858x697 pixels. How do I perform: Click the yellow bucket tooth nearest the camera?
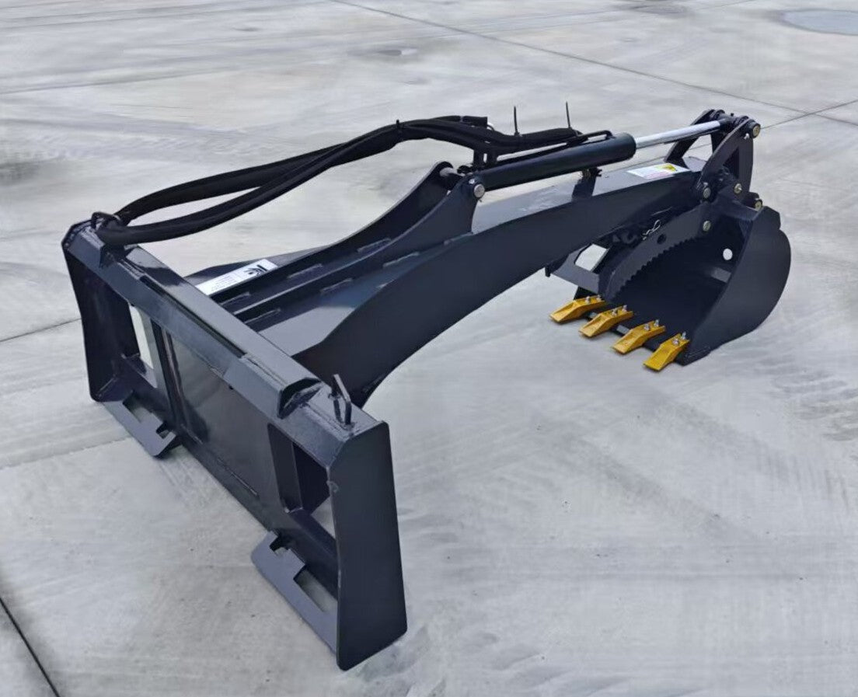664,354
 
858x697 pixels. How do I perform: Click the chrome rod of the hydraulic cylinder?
677,134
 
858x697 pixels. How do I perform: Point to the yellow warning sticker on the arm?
657,170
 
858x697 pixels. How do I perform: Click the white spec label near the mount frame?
235,276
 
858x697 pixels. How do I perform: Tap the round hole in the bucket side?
728,253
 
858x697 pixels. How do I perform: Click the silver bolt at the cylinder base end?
476,189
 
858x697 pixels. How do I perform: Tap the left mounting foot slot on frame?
148,420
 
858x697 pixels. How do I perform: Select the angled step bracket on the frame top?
295,396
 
